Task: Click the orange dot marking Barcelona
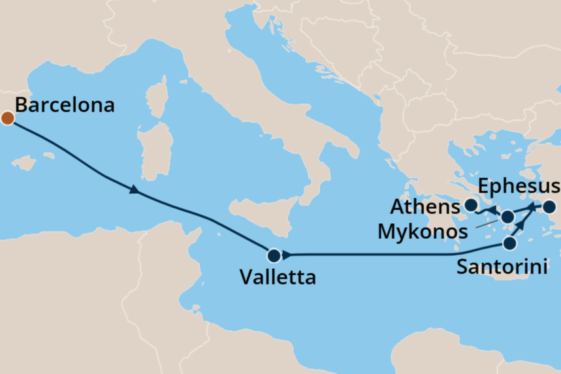pyautogui.click(x=8, y=118)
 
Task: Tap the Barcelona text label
pyautogui.click(x=64, y=105)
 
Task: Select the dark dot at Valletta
pyautogui.click(x=274, y=255)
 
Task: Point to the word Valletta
pyautogui.click(x=278, y=277)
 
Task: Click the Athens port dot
pyautogui.click(x=470, y=206)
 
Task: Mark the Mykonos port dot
pyautogui.click(x=507, y=217)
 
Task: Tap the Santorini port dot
pyautogui.click(x=509, y=243)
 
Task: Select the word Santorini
pyautogui.click(x=502, y=266)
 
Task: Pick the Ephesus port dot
pyautogui.click(x=549, y=208)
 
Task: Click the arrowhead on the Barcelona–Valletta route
pyautogui.click(x=134, y=190)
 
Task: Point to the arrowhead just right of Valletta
pyautogui.click(x=287, y=255)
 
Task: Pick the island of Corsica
pyautogui.click(x=157, y=101)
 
